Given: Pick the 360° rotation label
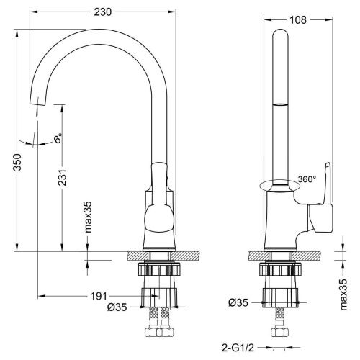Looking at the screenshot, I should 305,179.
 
